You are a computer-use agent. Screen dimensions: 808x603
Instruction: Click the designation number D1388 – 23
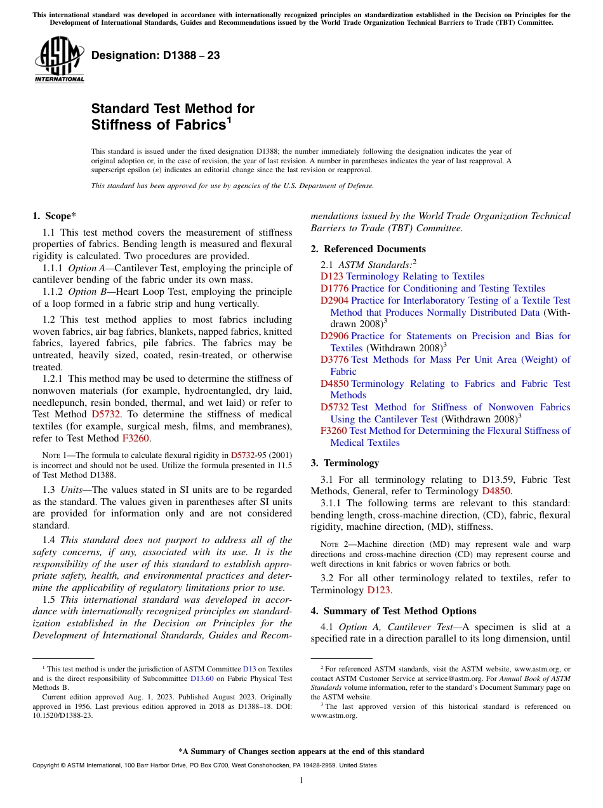pos(156,55)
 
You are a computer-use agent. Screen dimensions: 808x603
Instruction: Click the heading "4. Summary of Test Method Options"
pos(394,610)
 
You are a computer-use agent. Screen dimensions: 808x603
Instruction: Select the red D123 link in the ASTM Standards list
pos(332,276)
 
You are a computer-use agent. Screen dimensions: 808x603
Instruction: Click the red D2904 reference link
pos(335,300)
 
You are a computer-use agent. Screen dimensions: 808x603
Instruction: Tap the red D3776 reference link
pos(335,360)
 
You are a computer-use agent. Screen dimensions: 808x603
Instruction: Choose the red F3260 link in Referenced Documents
pos(333,431)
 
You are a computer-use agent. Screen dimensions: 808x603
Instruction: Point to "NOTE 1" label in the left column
pos(53,455)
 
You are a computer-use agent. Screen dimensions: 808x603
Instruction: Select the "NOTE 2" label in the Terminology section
pos(331,544)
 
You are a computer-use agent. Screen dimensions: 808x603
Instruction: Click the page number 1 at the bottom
pos(301,780)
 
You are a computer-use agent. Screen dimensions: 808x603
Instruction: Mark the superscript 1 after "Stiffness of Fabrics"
pos(229,119)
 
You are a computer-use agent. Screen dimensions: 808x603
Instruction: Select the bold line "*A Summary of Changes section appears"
pos(301,751)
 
